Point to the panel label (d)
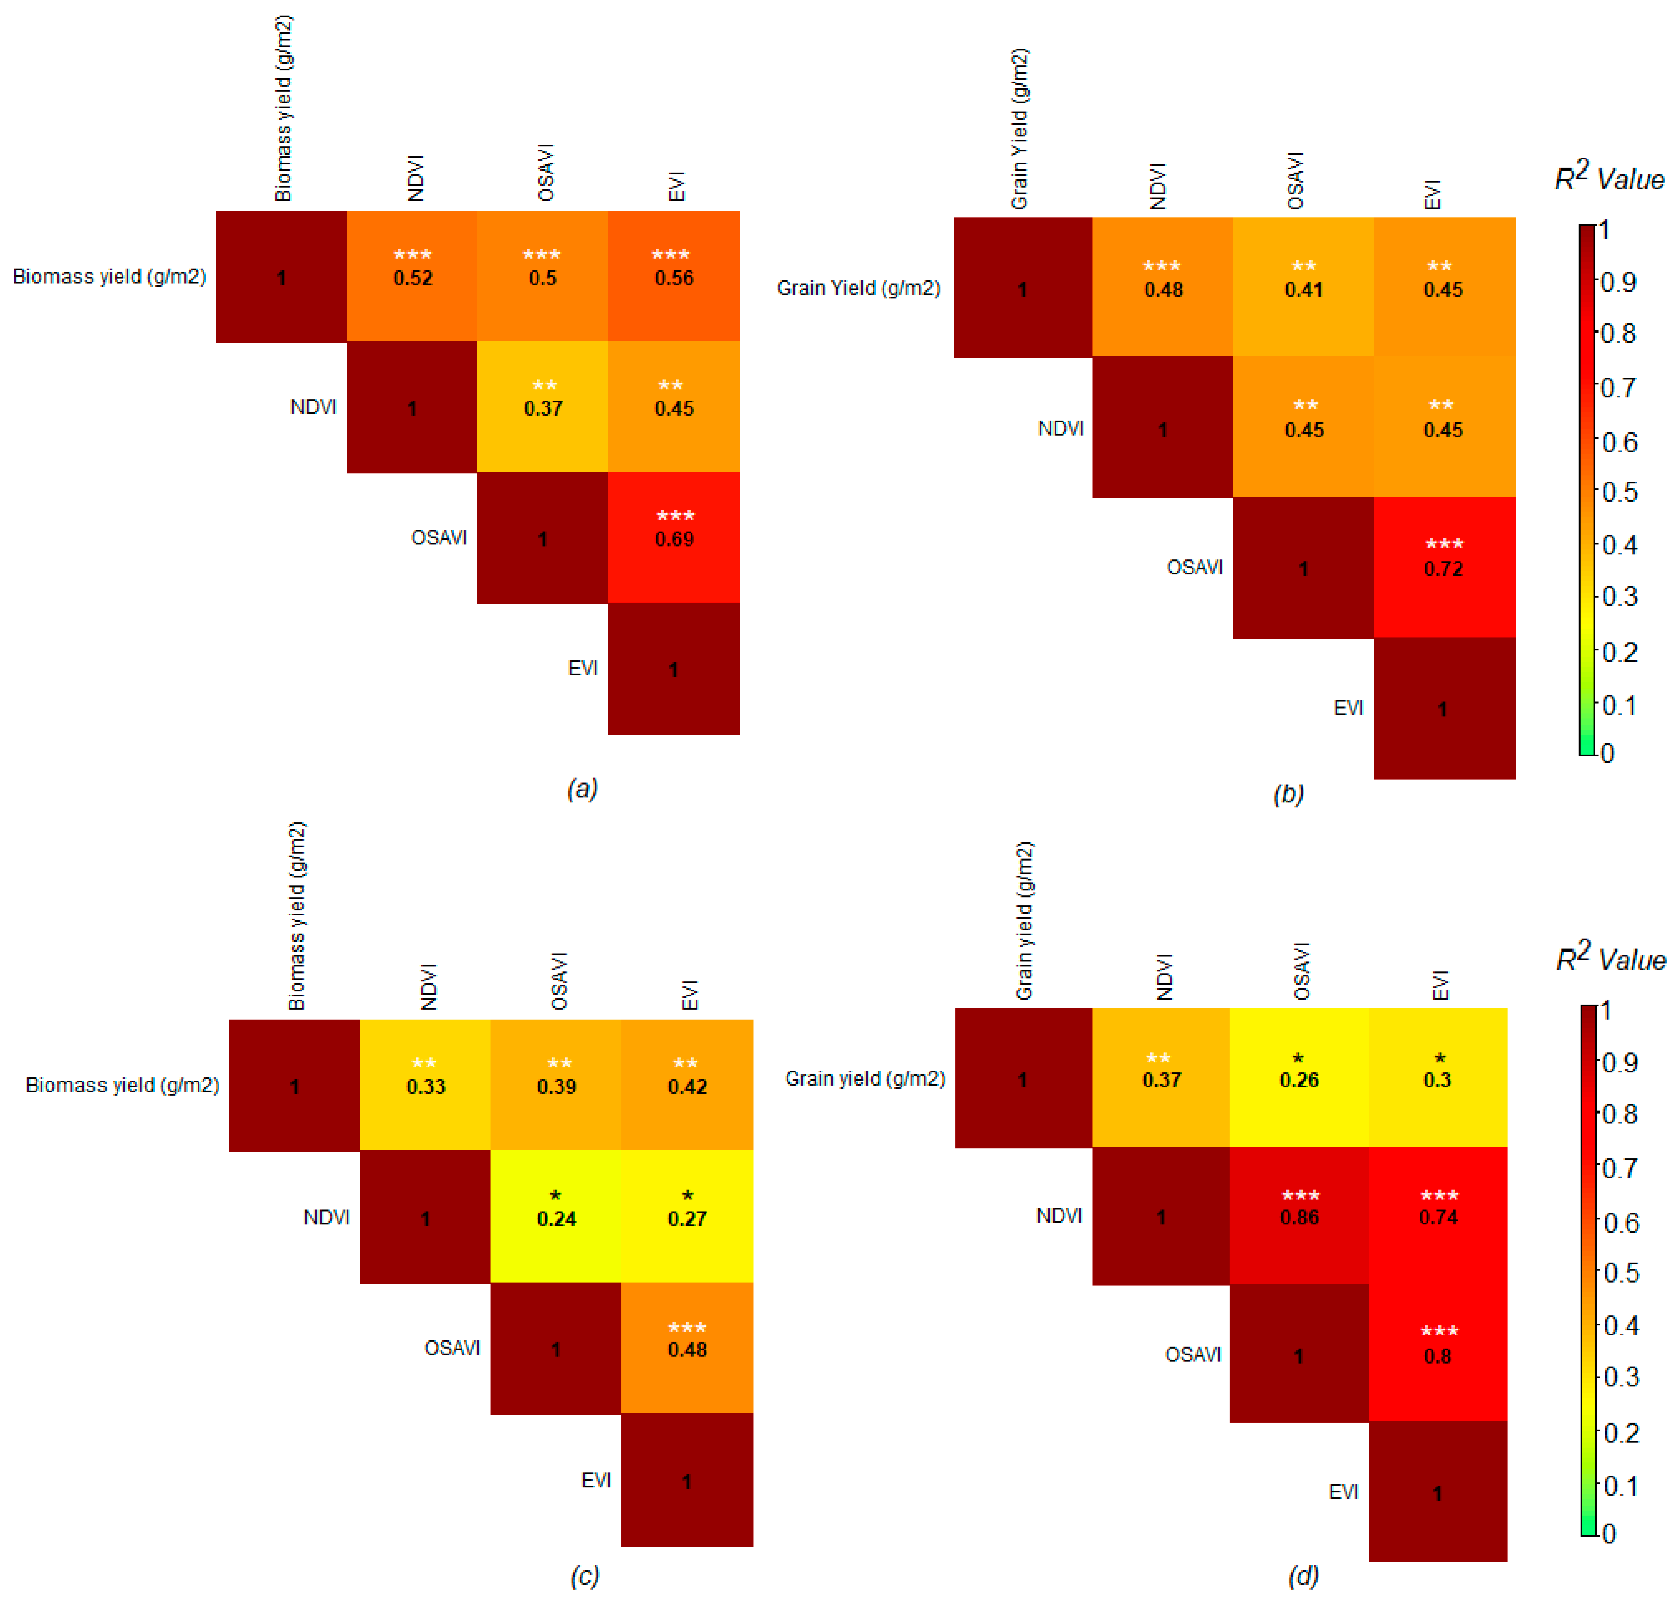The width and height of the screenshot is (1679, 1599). (1303, 1575)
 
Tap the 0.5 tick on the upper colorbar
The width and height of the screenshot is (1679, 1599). (1618, 492)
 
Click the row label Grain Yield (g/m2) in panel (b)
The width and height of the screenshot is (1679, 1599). (858, 288)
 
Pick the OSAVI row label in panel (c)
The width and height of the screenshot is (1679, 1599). (452, 1348)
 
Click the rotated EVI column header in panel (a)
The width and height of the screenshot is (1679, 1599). (676, 186)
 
